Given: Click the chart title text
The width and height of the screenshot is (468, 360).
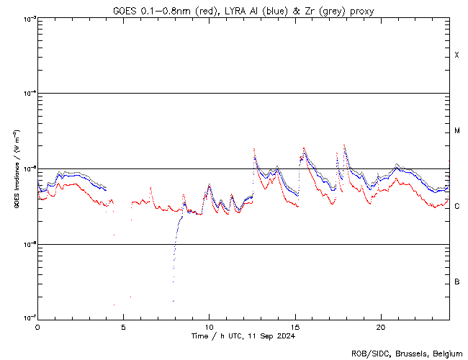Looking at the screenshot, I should tap(243, 11).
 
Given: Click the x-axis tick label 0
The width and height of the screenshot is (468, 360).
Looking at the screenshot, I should tap(37, 325).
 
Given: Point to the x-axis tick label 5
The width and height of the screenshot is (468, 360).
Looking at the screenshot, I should tap(123, 325).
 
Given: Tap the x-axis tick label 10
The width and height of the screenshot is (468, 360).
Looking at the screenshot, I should tap(209, 325).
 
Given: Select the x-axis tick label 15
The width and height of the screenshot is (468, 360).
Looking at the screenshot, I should tap(295, 325).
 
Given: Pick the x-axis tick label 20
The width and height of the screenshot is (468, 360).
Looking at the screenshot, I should tap(381, 325).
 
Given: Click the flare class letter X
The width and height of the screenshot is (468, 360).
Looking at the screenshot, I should tap(457, 55).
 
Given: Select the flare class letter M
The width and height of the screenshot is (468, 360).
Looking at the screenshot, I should tap(457, 131).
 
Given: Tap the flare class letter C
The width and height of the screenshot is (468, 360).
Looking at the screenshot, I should tap(457, 206).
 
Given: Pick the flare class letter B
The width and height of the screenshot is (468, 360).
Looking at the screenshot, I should tap(457, 282).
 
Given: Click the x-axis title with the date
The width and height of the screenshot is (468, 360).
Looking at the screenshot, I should tap(243, 336).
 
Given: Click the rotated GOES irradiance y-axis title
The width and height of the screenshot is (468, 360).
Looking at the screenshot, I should tap(16, 168).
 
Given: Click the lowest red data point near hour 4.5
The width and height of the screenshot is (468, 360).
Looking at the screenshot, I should tap(114, 305).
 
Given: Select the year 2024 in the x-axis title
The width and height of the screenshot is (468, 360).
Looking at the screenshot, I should tap(286, 336).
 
